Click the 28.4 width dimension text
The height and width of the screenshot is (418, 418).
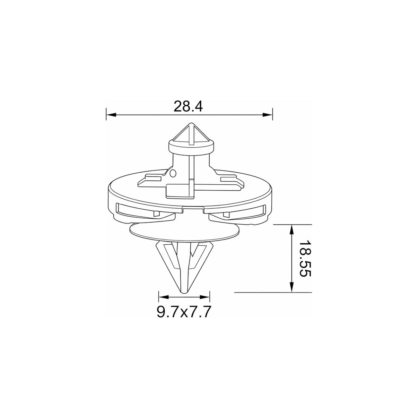[188, 106]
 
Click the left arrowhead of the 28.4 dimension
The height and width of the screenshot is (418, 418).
[111, 115]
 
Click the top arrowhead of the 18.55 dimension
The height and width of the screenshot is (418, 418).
[292, 229]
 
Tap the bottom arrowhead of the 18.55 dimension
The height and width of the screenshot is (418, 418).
[292, 287]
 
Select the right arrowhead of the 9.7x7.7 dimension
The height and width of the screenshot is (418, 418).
[205, 297]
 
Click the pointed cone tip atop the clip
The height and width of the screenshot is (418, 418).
[191, 124]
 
